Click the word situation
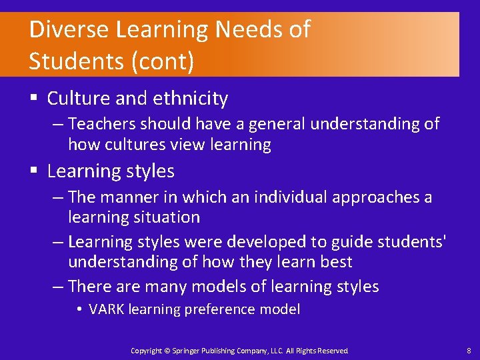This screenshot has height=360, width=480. [170, 217]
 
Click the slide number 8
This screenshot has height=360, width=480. [469, 350]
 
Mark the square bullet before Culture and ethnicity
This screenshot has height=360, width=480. [33, 99]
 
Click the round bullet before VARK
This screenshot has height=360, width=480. [79, 309]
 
